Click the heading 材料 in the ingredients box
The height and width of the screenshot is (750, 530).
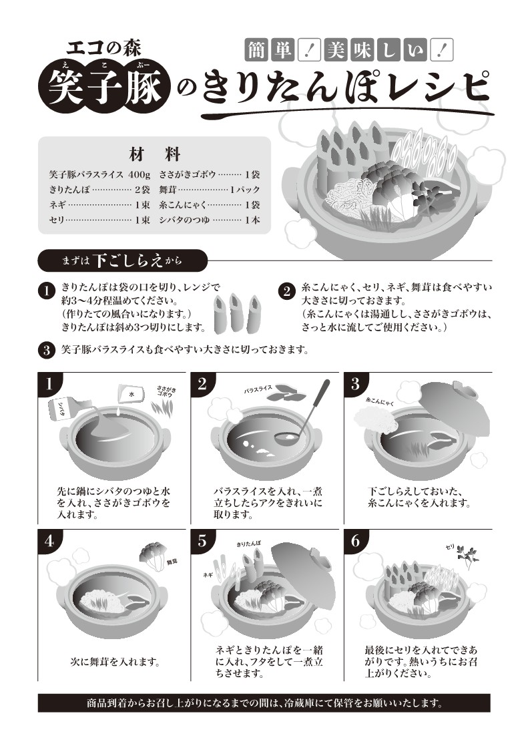pyautogui.click(x=154, y=154)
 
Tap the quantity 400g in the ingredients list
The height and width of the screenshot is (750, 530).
pyautogui.click(x=139, y=174)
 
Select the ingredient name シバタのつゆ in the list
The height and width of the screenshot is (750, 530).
pyautogui.click(x=184, y=220)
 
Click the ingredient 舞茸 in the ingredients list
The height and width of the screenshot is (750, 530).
pyautogui.click(x=169, y=190)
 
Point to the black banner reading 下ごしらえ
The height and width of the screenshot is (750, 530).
pyautogui.click(x=123, y=260)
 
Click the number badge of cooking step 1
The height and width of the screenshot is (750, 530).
pyautogui.click(x=48, y=383)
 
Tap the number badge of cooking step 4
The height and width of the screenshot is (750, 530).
pyautogui.click(x=48, y=541)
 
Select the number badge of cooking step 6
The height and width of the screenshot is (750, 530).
pyautogui.click(x=355, y=541)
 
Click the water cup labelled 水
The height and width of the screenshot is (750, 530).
pyautogui.click(x=129, y=395)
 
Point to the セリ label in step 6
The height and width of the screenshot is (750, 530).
pyautogui.click(x=449, y=547)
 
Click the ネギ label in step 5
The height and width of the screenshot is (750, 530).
pyautogui.click(x=208, y=575)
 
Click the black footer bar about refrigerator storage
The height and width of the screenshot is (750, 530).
pyautogui.click(x=264, y=703)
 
